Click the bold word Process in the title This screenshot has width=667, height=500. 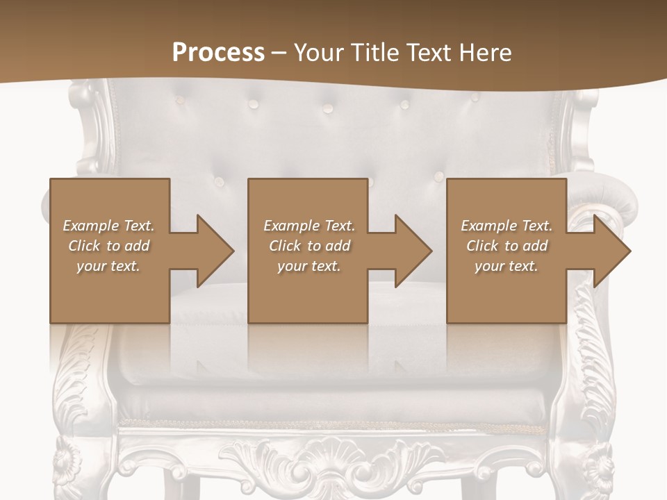pyautogui.click(x=218, y=53)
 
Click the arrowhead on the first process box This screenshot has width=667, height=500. pyautogui.click(x=215, y=251)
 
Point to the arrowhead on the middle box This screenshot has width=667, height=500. pyautogui.click(x=413, y=251)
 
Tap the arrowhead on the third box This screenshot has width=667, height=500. pyautogui.click(x=611, y=251)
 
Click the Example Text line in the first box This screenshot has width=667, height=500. pyautogui.click(x=108, y=226)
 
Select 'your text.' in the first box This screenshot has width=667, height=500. pyautogui.click(x=108, y=266)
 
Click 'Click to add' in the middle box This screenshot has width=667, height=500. pyautogui.click(x=309, y=246)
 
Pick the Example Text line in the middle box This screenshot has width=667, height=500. pyautogui.click(x=309, y=226)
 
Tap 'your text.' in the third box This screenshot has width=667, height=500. pyautogui.click(x=506, y=266)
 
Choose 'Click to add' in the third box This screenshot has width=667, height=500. pyautogui.click(x=507, y=246)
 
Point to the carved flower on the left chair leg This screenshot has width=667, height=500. pyautogui.click(x=68, y=460)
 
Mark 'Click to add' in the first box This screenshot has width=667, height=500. pyautogui.click(x=108, y=246)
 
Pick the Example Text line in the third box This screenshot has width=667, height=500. pyautogui.click(x=507, y=226)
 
